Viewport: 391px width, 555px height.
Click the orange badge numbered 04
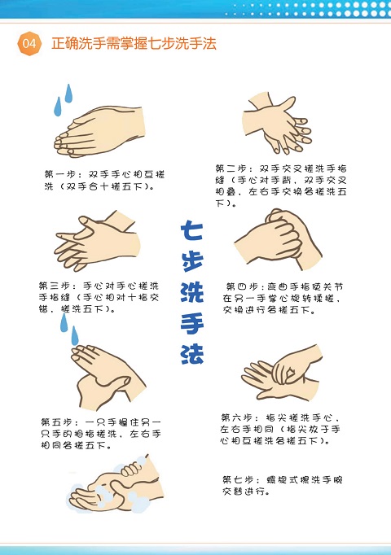click(29, 43)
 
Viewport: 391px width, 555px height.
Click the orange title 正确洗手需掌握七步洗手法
click(134, 43)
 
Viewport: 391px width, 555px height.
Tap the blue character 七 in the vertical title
click(192, 229)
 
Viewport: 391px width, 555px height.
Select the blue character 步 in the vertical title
click(192, 261)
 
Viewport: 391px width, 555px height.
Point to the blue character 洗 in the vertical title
click(192, 292)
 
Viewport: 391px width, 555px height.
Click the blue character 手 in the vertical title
click(192, 323)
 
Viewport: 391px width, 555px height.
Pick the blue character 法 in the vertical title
click(192, 354)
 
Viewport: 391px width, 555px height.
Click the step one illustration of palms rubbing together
click(99, 131)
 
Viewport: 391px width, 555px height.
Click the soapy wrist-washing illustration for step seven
click(115, 484)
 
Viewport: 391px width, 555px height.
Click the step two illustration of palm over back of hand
click(277, 123)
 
